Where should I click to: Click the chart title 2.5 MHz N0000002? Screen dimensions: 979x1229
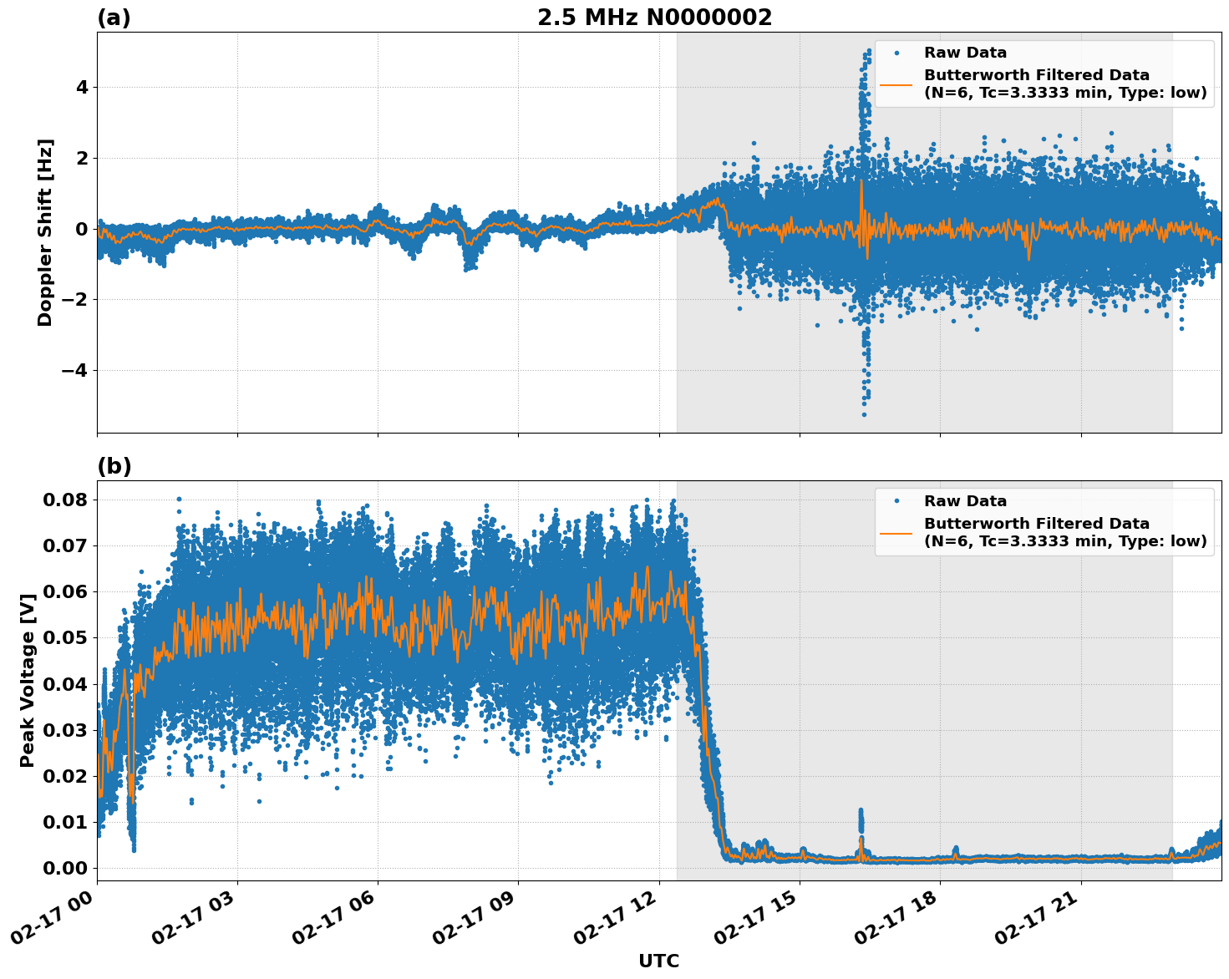[x=654, y=18]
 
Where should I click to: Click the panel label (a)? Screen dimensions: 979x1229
[x=114, y=18]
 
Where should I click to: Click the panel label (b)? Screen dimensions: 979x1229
[x=114, y=466]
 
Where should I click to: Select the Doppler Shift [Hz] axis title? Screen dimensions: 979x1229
[x=45, y=232]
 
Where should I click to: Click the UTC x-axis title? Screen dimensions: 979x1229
[x=658, y=961]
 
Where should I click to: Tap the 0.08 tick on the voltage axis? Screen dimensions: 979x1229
[x=65, y=500]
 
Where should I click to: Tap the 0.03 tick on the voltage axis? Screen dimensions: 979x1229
[x=65, y=730]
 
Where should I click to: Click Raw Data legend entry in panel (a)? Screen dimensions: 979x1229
[x=965, y=53]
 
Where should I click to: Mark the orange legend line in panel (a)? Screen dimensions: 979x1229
[x=896, y=84]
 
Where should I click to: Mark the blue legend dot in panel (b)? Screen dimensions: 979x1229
[x=896, y=501]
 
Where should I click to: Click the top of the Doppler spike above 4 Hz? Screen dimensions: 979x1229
[x=869, y=51]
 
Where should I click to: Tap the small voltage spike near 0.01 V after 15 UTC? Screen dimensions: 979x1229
[x=861, y=812]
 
